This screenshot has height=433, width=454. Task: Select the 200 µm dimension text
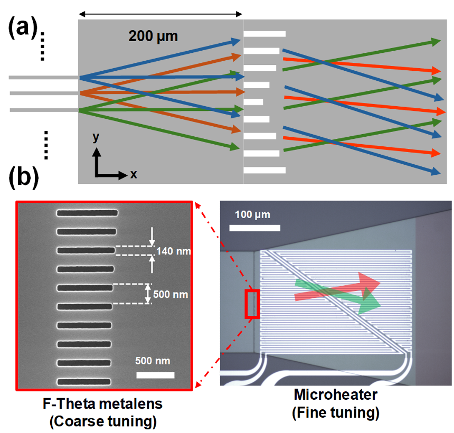point(154,37)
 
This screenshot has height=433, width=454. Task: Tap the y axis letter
point(96,138)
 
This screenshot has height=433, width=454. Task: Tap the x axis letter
point(134,174)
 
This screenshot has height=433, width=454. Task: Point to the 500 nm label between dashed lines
point(171,294)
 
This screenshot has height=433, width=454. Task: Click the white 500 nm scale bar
point(155,375)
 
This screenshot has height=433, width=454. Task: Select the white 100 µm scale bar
point(254,228)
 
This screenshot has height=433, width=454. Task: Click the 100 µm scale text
point(252,215)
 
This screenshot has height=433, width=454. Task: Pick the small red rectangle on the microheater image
point(252,304)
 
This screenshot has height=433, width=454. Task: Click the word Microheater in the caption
point(335,394)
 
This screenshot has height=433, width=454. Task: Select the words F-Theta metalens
point(102,405)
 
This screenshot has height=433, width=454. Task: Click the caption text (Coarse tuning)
point(102,421)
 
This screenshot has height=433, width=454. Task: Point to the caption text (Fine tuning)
point(335,412)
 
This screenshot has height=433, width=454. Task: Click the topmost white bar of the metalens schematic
point(264,34)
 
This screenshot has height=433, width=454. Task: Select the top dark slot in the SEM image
point(87,213)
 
